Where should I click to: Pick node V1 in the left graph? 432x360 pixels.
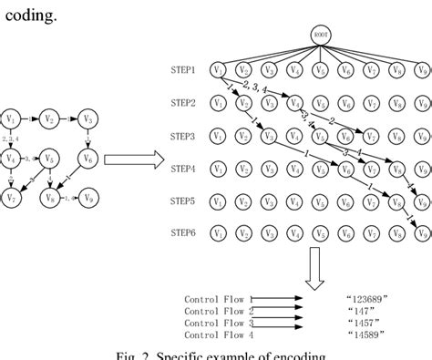pos(11,119)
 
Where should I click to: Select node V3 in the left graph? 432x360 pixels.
pos(87,119)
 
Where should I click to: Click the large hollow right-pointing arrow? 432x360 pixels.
pos(135,161)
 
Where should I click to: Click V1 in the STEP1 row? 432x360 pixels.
pos(217,69)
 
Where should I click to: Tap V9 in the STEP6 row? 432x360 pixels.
pos(418,234)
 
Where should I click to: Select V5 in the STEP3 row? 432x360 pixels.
pos(318,136)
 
